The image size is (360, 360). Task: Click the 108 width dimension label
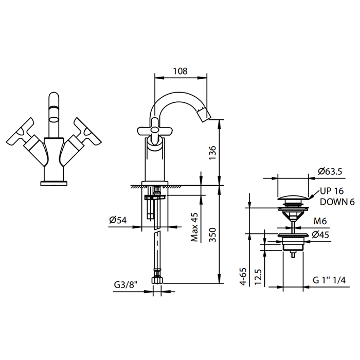(x=180, y=71)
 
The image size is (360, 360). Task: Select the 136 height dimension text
(x=212, y=153)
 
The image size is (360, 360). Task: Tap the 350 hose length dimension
(x=212, y=235)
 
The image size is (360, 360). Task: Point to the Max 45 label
(x=194, y=227)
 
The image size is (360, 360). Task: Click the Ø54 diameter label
(x=118, y=220)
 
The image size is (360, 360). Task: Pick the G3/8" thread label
(x=125, y=285)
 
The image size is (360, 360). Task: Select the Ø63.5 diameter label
(x=330, y=171)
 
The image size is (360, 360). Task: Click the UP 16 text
(x=332, y=191)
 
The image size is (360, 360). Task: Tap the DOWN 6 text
(x=337, y=202)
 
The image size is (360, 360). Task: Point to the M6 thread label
(x=320, y=221)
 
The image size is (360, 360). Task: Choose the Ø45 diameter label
(x=320, y=235)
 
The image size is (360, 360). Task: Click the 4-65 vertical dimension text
(x=243, y=277)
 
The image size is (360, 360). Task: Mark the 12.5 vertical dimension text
(x=258, y=277)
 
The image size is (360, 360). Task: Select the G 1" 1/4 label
(x=329, y=280)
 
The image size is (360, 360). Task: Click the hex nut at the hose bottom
(x=157, y=281)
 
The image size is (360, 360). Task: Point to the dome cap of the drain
(x=293, y=197)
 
